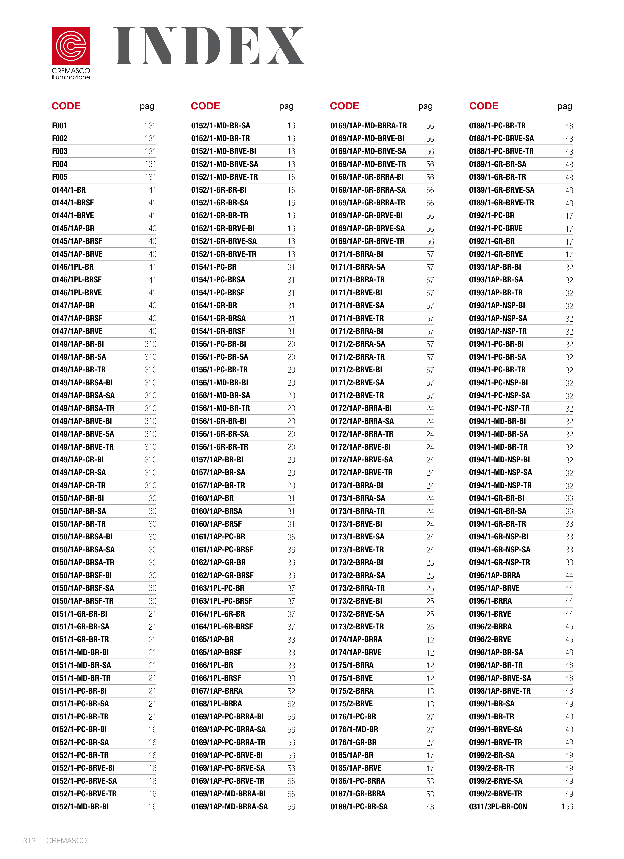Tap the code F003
[x=60, y=151]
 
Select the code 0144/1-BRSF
[x=73, y=203]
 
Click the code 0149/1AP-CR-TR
[x=79, y=485]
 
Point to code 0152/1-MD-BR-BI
[x=80, y=807]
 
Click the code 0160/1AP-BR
[x=212, y=498]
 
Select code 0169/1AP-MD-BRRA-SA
[x=229, y=807]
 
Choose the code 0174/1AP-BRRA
[x=356, y=639]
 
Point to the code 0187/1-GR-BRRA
[x=358, y=794]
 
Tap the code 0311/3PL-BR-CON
[x=498, y=807]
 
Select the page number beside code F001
[x=150, y=126]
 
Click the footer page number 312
[x=29, y=841]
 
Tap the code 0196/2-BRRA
[x=490, y=626]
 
